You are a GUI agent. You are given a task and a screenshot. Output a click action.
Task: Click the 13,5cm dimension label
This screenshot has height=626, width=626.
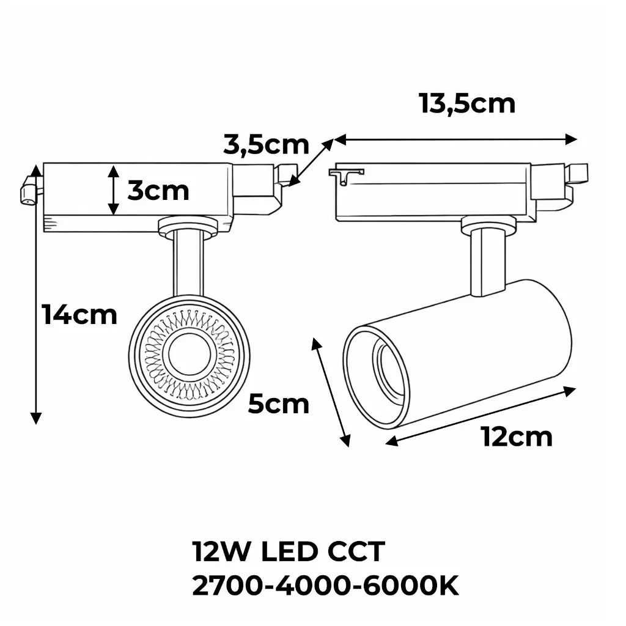tap(467, 104)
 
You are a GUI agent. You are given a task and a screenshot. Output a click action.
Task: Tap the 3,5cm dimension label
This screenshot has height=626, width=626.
tap(266, 145)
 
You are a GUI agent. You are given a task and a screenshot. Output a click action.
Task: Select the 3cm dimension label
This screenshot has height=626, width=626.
tap(158, 191)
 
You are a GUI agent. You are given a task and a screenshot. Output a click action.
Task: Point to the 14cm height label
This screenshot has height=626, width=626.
tap(79, 315)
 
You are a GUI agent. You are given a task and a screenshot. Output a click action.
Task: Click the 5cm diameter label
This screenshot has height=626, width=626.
tap(278, 404)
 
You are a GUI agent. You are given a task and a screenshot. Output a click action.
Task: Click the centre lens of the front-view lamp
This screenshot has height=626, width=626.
tap(189, 355)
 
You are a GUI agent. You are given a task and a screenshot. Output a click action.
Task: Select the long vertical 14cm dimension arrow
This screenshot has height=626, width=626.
tap(36, 293)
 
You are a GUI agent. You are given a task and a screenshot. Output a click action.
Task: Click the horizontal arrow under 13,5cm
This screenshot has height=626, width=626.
tap(455, 139)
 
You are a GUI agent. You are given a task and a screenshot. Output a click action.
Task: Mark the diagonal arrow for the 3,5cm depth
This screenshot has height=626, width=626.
tap(312, 161)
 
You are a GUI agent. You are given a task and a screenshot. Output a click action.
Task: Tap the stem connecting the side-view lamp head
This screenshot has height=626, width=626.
tap(487, 263)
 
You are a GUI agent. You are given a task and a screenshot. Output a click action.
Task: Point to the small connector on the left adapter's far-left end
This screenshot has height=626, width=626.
tap(28, 191)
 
